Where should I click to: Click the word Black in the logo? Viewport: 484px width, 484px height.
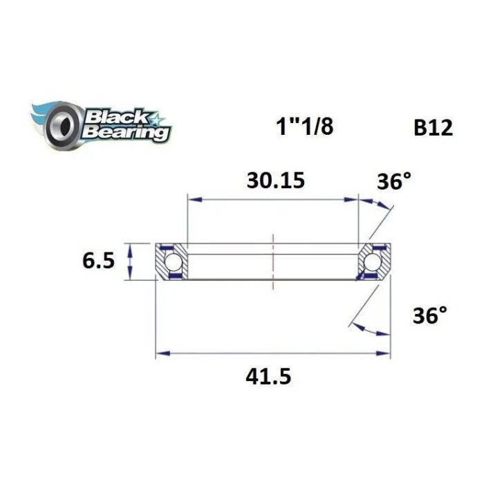pos(110,115)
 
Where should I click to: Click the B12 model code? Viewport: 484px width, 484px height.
pos(433,129)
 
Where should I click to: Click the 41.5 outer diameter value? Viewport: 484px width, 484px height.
pos(272,377)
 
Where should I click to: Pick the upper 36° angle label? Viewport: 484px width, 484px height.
pos(393,182)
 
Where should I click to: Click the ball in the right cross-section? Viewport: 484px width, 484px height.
pos(374,261)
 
